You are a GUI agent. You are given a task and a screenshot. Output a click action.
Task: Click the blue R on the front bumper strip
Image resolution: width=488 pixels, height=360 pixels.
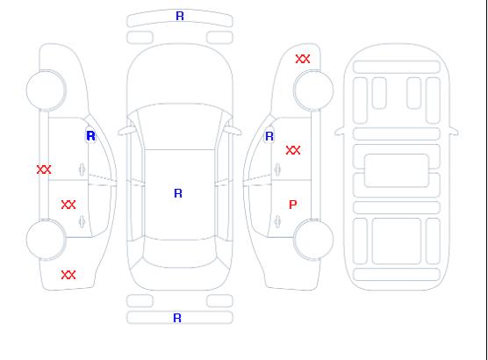(180, 16)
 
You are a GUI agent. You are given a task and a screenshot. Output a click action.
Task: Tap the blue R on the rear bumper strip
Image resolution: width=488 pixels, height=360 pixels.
(177, 318)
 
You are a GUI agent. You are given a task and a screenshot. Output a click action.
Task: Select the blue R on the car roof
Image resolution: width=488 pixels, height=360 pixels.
(178, 193)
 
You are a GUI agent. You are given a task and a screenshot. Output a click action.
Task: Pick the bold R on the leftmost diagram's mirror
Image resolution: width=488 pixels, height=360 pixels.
(90, 136)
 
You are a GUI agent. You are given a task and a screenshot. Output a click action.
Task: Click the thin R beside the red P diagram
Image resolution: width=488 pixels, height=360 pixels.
(269, 136)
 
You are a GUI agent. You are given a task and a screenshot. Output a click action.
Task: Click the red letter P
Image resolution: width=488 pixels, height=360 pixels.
(293, 205)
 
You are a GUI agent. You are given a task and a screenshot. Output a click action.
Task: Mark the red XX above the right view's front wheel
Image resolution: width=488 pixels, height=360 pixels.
(303, 59)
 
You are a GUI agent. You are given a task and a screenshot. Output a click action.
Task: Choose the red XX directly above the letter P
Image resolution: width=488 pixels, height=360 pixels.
(293, 150)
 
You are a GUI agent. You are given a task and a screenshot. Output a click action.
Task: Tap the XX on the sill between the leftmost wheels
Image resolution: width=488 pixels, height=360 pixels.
(44, 169)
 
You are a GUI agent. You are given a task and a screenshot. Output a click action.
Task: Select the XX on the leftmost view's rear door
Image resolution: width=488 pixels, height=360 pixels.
(68, 205)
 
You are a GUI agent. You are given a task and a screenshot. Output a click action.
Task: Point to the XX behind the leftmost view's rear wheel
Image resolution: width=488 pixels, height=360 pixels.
(68, 275)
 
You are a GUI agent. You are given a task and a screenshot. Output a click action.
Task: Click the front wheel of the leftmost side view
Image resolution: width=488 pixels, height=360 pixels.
(46, 90)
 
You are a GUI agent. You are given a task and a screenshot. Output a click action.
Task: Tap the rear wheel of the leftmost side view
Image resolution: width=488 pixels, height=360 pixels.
(46, 240)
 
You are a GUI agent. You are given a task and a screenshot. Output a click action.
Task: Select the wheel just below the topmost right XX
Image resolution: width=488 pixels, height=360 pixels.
(313, 90)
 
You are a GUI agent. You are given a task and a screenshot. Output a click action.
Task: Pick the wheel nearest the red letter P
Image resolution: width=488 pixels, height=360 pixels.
(313, 240)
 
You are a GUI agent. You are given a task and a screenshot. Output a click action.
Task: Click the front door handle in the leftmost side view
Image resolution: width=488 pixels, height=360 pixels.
(82, 169)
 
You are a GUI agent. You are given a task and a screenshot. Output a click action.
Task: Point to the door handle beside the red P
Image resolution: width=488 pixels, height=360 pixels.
(277, 221)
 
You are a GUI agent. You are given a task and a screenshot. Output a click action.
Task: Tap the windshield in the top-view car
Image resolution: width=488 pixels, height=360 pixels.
(180, 126)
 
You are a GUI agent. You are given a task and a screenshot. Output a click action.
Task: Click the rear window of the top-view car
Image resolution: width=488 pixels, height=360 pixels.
(180, 253)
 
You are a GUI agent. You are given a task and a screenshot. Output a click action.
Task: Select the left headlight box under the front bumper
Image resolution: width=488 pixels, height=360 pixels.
(140, 38)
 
